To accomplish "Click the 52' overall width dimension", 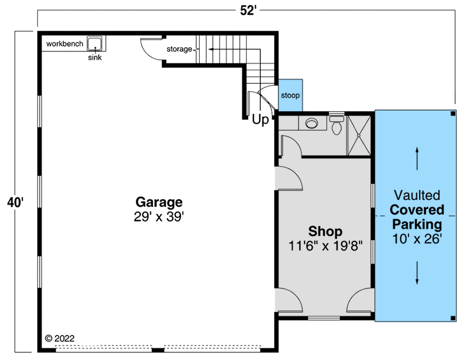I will click(248, 11).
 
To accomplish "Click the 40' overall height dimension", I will click(15, 202).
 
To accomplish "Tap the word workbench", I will click(64, 44).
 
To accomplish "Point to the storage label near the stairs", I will click(179, 49).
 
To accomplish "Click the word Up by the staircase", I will click(260, 120).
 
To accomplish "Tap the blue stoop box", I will click(290, 95).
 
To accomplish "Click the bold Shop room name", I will click(325, 231).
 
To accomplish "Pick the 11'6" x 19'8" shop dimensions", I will click(325, 245).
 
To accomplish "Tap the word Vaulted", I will click(417, 194).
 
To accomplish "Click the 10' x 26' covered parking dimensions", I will click(417, 239).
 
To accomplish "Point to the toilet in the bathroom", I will click(336, 126).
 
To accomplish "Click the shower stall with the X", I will click(358, 135).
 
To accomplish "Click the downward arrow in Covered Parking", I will click(417, 273).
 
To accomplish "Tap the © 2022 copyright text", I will click(60, 339).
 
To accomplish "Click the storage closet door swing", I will click(151, 49).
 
